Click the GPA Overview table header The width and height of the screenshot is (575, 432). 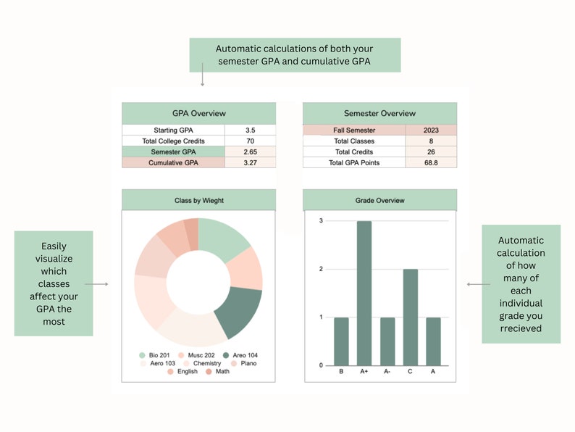pos(198,113)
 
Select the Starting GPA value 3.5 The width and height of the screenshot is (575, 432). pos(250,130)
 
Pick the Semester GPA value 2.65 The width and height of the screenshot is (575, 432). pos(250,152)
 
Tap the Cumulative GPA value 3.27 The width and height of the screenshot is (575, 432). pos(250,163)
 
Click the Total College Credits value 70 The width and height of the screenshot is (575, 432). pos(250,141)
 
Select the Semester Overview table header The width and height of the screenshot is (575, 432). pos(379,113)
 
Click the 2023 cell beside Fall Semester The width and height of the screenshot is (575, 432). pos(431,130)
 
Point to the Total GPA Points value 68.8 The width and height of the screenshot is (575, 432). pos(431,163)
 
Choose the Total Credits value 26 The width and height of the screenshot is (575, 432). pos(431,152)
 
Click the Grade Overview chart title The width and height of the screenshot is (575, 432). pos(379,200)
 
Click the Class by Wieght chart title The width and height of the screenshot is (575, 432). pos(198,200)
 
